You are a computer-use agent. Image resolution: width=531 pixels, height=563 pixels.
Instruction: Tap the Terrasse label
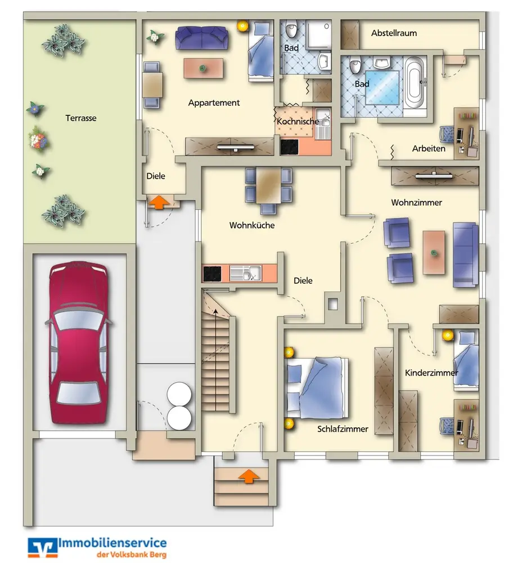tap(81, 118)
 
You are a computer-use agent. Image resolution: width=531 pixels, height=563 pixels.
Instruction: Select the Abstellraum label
tap(394, 33)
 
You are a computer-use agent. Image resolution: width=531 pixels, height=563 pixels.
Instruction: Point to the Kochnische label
tap(298, 121)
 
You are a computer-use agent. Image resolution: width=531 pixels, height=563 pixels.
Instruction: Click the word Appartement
tap(214, 103)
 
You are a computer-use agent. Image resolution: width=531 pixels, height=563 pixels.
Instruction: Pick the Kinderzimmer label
tap(431, 373)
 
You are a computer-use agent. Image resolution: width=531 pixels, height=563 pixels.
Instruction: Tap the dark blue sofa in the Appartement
tap(202, 38)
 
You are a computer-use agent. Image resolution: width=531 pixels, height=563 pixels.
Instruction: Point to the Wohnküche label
tap(251, 225)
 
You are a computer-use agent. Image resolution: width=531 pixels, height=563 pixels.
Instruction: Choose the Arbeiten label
tap(429, 149)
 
